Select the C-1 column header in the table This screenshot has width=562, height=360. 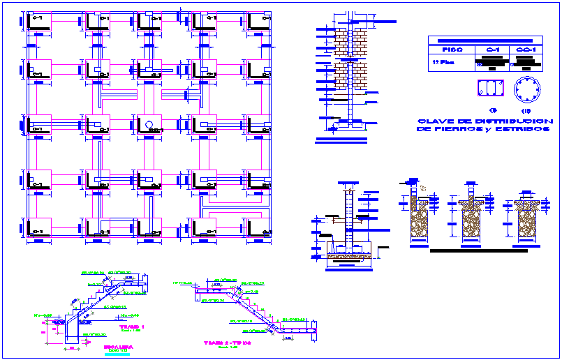pos(492,50)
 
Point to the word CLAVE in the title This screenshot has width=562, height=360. pos(433,121)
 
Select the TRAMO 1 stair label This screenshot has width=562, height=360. pos(131,327)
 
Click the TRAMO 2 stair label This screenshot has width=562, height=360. pos(227,343)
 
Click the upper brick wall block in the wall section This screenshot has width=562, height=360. pos(350,41)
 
